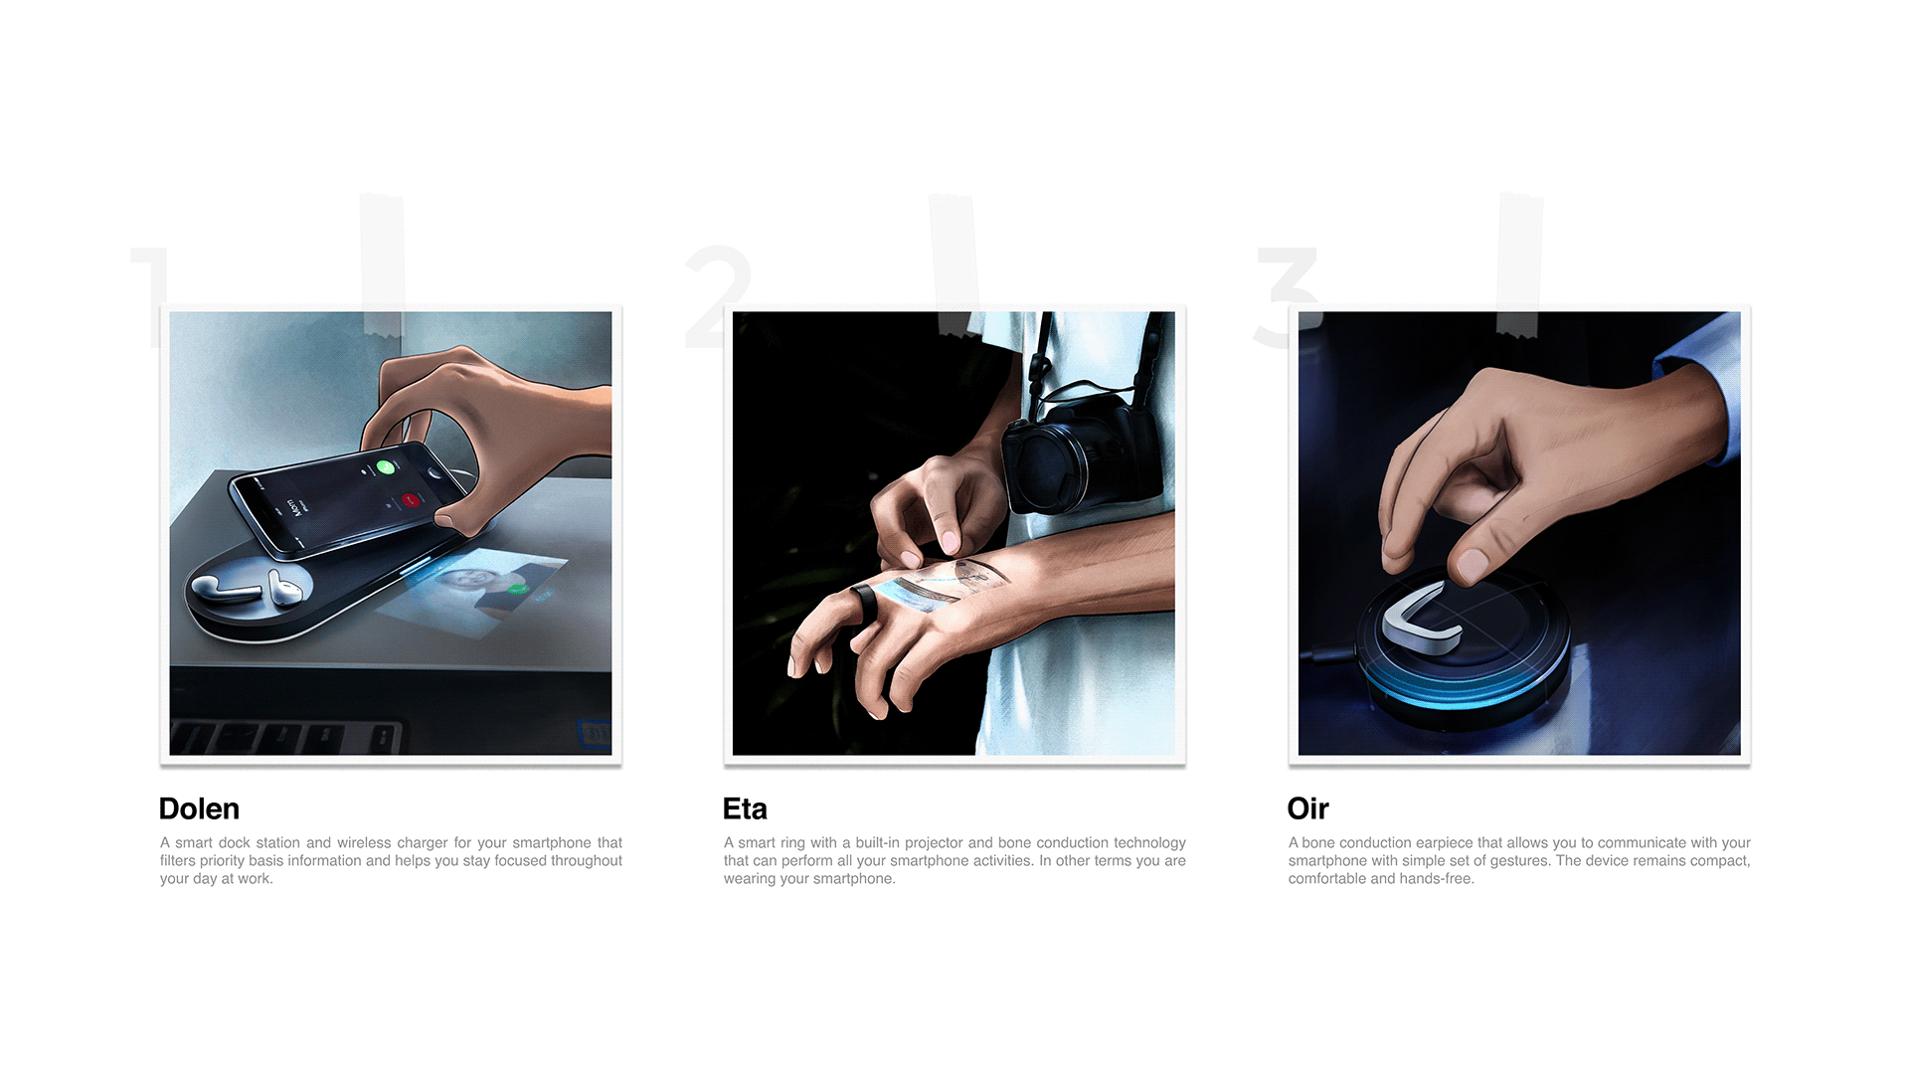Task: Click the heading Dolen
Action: pos(199,808)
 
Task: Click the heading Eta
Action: pos(745,808)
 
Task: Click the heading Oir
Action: pos(1307,808)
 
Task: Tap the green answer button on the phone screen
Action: pos(385,466)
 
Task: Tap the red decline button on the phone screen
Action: pos(410,501)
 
